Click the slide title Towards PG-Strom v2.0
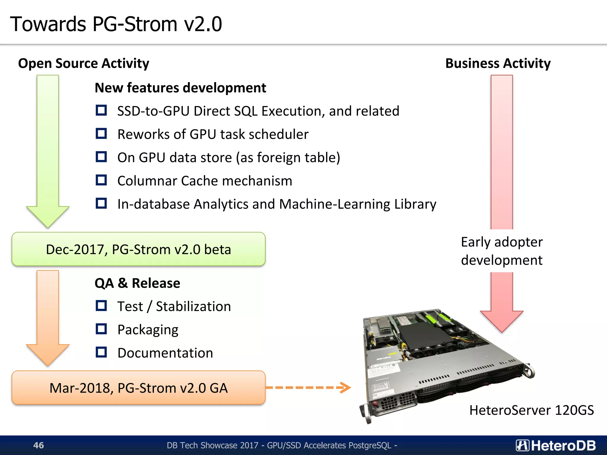pyautogui.click(x=116, y=24)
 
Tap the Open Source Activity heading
pyautogui.click(x=84, y=63)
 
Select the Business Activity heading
pyautogui.click(x=498, y=63)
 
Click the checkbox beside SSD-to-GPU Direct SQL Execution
pyautogui.click(x=101, y=110)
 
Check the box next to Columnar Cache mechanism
pyautogui.click(x=101, y=180)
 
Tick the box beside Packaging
pyautogui.click(x=101, y=329)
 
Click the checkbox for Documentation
pyautogui.click(x=101, y=352)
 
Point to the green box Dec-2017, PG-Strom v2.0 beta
pyautogui.click(x=138, y=249)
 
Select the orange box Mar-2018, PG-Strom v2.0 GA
pyautogui.click(x=138, y=388)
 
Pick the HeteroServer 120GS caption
pyautogui.click(x=531, y=410)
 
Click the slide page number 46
pyautogui.click(x=39, y=445)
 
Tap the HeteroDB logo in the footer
pyautogui.click(x=556, y=445)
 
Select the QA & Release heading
pyautogui.click(x=137, y=283)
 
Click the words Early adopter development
pyautogui.click(x=501, y=251)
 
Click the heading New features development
pyautogui.click(x=180, y=88)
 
